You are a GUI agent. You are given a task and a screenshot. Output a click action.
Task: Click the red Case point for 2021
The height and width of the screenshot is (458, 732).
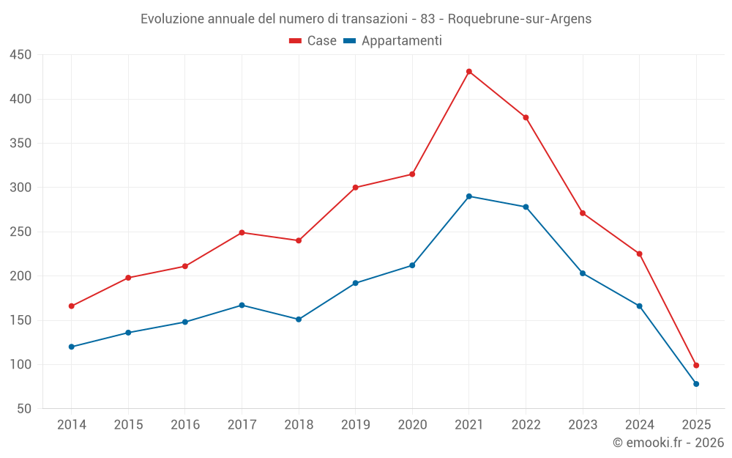(469, 72)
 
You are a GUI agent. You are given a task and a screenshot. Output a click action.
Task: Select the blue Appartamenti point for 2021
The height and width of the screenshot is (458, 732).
(469, 196)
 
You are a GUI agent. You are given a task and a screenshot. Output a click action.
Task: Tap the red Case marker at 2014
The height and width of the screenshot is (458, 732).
(72, 306)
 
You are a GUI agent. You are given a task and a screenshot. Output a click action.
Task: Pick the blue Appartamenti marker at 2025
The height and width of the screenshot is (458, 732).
(696, 384)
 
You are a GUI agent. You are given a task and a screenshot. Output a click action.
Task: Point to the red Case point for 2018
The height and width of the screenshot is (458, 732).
(299, 240)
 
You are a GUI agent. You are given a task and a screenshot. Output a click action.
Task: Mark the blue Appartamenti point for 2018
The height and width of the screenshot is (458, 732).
(299, 320)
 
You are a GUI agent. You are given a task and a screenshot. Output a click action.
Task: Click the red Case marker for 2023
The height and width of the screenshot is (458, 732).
(583, 213)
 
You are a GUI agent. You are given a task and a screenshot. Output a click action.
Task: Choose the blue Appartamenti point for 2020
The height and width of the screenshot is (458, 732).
(412, 265)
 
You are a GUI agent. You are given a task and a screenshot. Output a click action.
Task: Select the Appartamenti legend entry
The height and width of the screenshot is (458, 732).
(393, 41)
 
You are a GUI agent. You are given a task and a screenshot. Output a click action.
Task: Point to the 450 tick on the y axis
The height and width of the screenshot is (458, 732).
(20, 55)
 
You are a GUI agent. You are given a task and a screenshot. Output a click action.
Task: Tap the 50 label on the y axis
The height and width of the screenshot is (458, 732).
(24, 409)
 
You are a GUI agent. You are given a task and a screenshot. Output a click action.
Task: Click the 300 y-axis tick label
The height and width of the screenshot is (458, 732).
(20, 188)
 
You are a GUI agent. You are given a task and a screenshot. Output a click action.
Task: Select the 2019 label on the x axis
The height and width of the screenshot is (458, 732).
(356, 425)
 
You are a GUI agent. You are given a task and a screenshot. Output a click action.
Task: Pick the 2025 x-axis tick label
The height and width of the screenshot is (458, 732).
(696, 425)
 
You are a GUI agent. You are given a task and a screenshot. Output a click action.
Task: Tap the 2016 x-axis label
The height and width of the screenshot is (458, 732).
(185, 425)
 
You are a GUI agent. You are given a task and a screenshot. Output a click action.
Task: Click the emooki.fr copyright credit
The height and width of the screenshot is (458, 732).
(668, 443)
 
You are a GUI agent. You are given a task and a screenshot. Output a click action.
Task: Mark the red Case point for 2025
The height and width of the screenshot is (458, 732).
(696, 365)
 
